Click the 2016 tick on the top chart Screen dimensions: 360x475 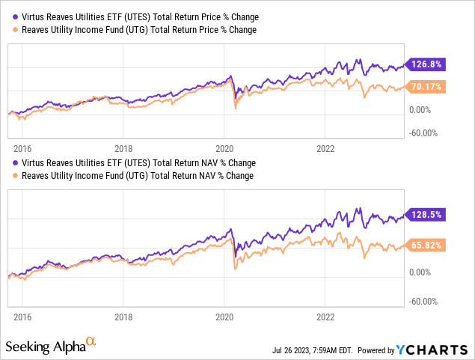click(23, 148)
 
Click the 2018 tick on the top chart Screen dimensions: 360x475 click(124, 148)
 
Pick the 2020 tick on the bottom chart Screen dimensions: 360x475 click(224, 317)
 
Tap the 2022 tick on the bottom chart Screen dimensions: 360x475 click(325, 317)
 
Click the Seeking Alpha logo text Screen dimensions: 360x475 click(45, 347)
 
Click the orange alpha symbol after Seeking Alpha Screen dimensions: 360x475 click(91, 341)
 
